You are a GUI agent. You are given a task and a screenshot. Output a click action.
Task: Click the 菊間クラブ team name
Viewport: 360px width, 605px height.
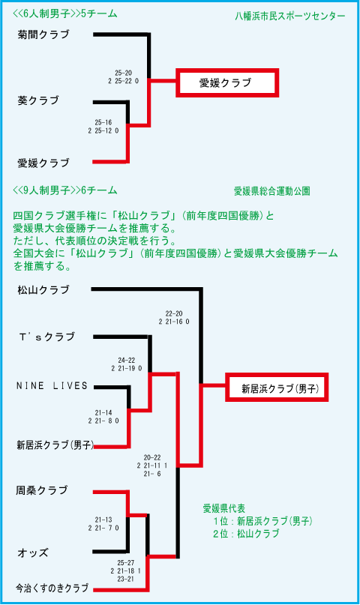[43, 34]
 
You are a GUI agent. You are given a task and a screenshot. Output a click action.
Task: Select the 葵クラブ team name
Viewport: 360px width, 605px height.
[38, 100]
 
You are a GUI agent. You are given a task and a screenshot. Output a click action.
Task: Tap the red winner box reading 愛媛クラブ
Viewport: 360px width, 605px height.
[227, 82]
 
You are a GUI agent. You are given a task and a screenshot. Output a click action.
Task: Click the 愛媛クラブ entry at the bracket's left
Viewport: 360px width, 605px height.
[43, 163]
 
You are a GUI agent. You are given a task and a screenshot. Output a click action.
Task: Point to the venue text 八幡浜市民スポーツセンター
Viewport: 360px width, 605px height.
[289, 16]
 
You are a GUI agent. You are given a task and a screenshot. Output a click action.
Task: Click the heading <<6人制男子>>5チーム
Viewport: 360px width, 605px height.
[64, 14]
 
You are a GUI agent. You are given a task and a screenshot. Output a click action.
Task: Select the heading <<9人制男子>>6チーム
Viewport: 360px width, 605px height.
[64, 190]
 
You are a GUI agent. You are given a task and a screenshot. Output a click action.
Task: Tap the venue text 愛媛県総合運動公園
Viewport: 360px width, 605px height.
[272, 191]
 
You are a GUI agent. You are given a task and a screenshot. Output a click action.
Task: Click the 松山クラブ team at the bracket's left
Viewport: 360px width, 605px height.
[43, 290]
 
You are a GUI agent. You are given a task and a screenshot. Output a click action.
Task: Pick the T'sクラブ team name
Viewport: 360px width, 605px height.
[46, 337]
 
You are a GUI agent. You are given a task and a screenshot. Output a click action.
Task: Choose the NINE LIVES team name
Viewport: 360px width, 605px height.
[52, 385]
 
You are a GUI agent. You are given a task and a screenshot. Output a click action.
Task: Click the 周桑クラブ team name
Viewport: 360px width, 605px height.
[42, 490]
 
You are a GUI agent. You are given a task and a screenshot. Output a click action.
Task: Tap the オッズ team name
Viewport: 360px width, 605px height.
[33, 553]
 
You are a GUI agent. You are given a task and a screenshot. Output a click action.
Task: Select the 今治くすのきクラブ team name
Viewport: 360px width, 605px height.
[52, 589]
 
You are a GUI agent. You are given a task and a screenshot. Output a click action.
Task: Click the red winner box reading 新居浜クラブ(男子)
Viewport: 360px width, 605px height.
[277, 388]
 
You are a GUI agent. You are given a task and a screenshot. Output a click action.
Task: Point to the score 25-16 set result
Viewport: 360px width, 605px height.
[103, 122]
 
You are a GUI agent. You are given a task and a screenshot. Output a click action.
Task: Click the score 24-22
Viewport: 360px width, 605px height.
[127, 360]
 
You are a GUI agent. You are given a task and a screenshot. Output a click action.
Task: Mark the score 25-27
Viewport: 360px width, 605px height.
[126, 563]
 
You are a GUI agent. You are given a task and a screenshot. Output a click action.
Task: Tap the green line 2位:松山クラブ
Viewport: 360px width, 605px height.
[246, 534]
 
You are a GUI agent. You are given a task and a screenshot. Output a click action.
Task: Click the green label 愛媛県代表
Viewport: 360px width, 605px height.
[224, 508]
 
